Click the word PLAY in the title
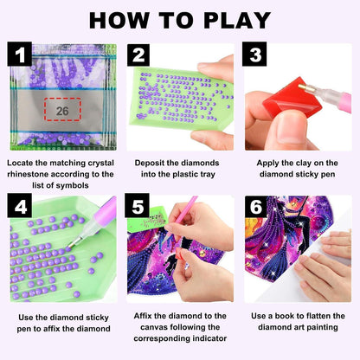coord(237,20)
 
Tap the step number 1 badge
coord(20,54)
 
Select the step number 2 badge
coord(138,55)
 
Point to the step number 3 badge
coord(254,54)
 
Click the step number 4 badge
coord(20,206)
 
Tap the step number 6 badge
coord(255,206)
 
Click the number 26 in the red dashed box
coord(62,111)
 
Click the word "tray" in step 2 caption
coord(206,175)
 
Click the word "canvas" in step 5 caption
coord(155,327)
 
